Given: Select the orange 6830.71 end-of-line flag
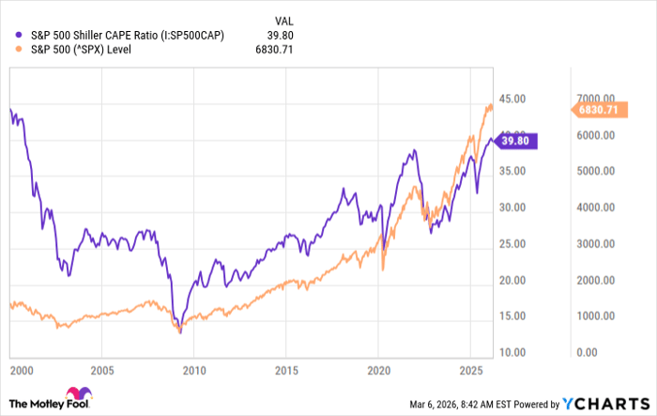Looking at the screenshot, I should pos(597,110).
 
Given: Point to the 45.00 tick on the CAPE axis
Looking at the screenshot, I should pos(512,99).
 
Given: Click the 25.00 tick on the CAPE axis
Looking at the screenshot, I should pos(512,244).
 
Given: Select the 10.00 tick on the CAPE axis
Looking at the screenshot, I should pos(512,352).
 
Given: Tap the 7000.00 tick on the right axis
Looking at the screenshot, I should pos(595,99).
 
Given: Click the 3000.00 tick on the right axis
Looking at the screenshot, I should pos(595,244).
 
